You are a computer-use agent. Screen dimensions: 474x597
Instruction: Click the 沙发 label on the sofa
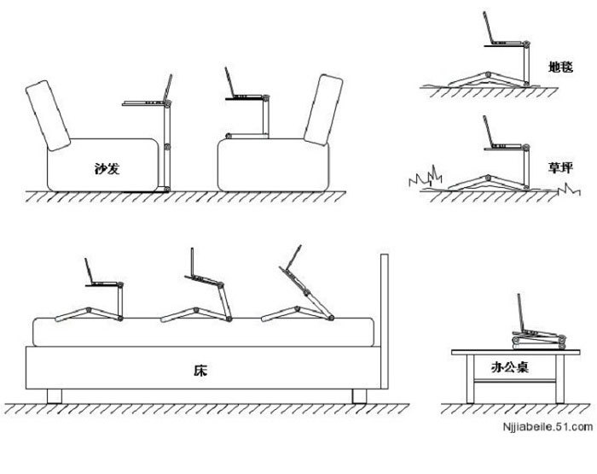point(107,167)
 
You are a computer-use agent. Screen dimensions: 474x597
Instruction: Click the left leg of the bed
point(57,395)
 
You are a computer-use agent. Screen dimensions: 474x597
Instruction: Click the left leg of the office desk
point(467,380)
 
